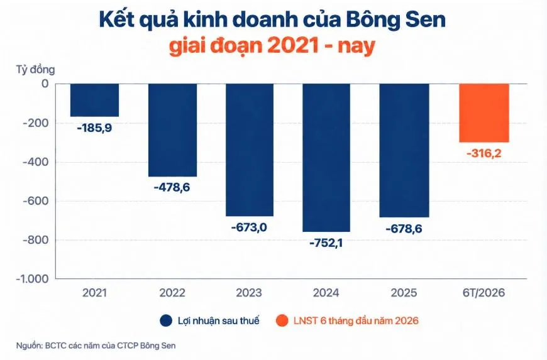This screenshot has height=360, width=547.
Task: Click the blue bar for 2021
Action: tap(94, 101)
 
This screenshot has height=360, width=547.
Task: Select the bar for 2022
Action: tap(172, 130)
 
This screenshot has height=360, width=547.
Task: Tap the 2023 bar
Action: tap(250, 150)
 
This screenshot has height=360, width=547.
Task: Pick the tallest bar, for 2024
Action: tap(326, 158)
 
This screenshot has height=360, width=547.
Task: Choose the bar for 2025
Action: tap(404, 151)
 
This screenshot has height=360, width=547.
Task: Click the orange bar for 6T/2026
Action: tap(484, 113)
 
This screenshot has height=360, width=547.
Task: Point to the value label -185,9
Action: tap(94, 128)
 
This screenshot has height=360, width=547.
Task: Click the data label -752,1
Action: tap(326, 243)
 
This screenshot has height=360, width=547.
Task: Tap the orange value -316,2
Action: tap(484, 153)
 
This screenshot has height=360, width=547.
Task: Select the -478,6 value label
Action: tap(172, 187)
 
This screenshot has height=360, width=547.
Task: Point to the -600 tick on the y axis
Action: tap(35, 201)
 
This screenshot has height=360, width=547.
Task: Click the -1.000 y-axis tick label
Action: tap(32, 279)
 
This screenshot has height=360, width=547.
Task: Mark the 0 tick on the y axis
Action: tap(45, 84)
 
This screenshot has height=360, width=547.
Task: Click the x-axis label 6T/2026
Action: tap(484, 292)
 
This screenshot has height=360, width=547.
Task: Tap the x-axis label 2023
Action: tap(249, 292)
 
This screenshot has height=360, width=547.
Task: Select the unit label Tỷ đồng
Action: tap(35, 69)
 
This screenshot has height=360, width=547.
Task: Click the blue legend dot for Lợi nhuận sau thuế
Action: tap(166, 320)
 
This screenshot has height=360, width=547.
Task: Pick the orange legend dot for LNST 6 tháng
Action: tap(282, 320)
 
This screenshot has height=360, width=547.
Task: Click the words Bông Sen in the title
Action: tap(396, 20)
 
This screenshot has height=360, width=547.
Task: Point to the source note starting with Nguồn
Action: tap(96, 346)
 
